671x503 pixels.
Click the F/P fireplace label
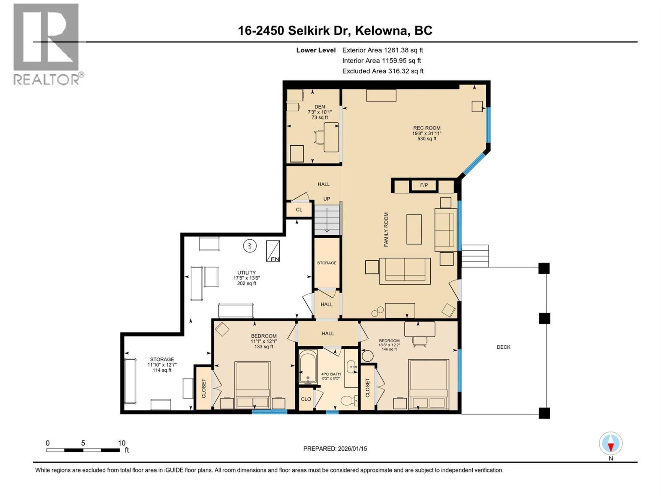(x=424, y=185)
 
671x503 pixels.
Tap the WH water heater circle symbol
(x=250, y=246)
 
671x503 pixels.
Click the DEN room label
(x=320, y=107)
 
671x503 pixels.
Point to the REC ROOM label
(x=427, y=128)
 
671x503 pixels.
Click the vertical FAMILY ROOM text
(x=386, y=229)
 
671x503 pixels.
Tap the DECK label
(x=503, y=347)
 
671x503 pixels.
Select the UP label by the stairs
(x=326, y=199)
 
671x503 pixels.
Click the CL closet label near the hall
(x=299, y=210)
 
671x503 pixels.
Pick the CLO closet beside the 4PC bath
(x=306, y=399)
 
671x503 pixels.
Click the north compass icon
(x=611, y=443)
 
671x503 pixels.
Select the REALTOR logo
(x=47, y=44)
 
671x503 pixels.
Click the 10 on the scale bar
(x=122, y=443)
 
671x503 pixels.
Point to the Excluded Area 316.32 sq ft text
(x=382, y=71)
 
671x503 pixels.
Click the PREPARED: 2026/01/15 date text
(x=335, y=449)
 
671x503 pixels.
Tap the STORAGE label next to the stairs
(x=327, y=263)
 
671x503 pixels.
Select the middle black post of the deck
(x=544, y=318)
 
